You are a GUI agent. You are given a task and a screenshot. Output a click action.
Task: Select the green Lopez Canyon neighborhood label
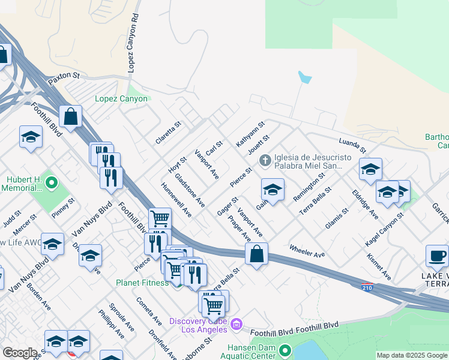pyautogui.click(x=121, y=99)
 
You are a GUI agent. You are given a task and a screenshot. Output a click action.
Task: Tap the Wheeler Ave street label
pyautogui.click(x=307, y=251)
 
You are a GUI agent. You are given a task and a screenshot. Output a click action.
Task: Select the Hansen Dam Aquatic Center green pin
pyautogui.click(x=285, y=350)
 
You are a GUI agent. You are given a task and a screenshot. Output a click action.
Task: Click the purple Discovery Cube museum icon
pyautogui.click(x=237, y=325)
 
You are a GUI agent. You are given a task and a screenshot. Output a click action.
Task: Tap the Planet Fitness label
pyautogui.click(x=142, y=283)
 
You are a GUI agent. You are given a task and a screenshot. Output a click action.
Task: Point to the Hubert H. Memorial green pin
pyautogui.click(x=52, y=182)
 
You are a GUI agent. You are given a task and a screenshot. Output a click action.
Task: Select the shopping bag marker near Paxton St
pyautogui.click(x=71, y=116)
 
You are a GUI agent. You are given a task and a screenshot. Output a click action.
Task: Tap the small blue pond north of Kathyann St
pyautogui.click(x=305, y=77)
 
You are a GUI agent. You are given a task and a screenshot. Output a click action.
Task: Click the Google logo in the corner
pyautogui.click(x=19, y=353)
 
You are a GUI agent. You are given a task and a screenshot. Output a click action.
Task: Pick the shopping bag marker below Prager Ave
pyautogui.click(x=256, y=254)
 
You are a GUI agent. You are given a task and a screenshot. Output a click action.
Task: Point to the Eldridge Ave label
pyautogui.click(x=365, y=205)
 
